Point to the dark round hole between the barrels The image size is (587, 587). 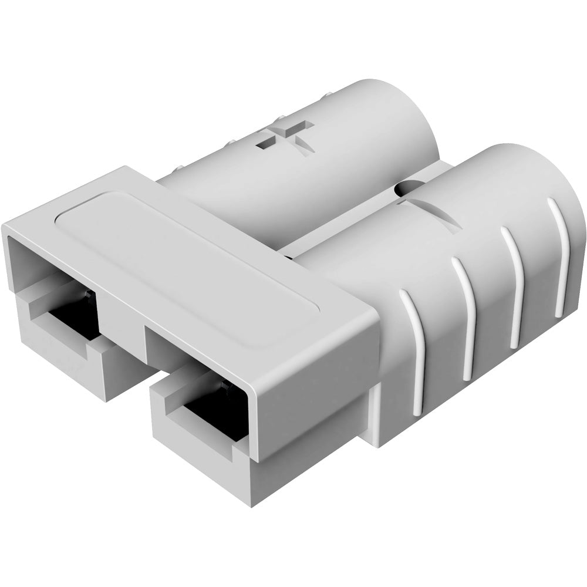click(x=403, y=188)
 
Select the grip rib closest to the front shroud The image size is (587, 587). click(x=416, y=346)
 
